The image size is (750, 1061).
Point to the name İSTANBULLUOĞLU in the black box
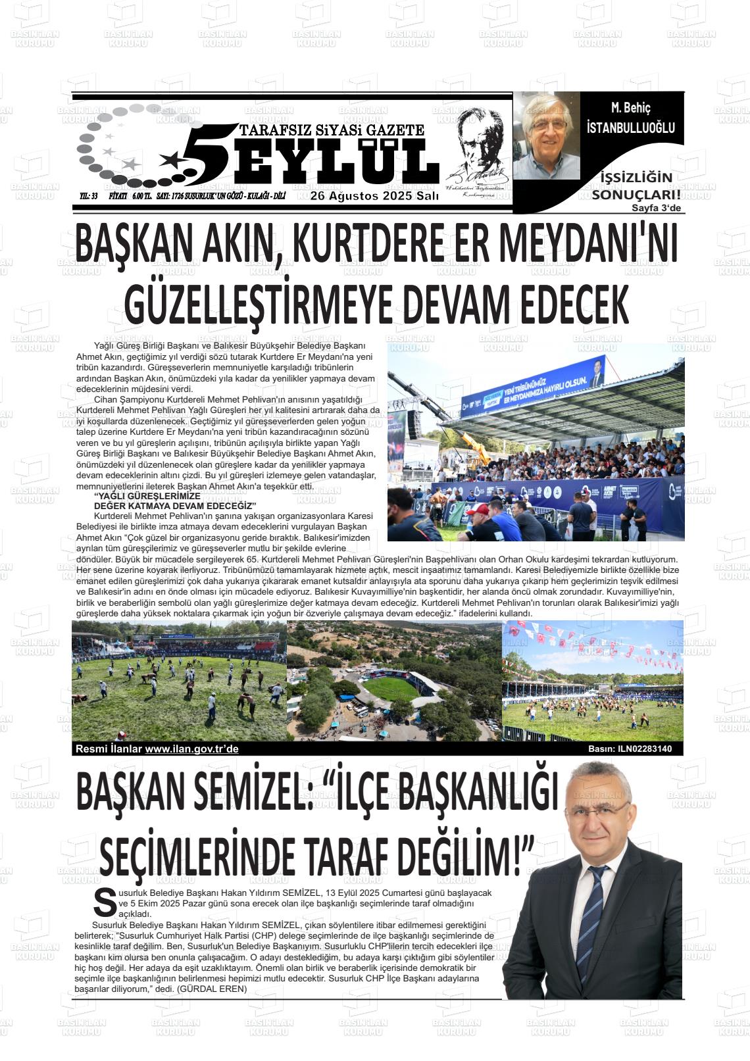click(630, 128)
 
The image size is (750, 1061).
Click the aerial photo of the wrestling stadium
click(393, 681)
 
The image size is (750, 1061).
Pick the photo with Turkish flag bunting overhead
click(592, 680)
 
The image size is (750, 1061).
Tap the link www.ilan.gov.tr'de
click(191, 749)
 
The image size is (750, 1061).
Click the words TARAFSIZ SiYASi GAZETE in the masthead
click(332, 130)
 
